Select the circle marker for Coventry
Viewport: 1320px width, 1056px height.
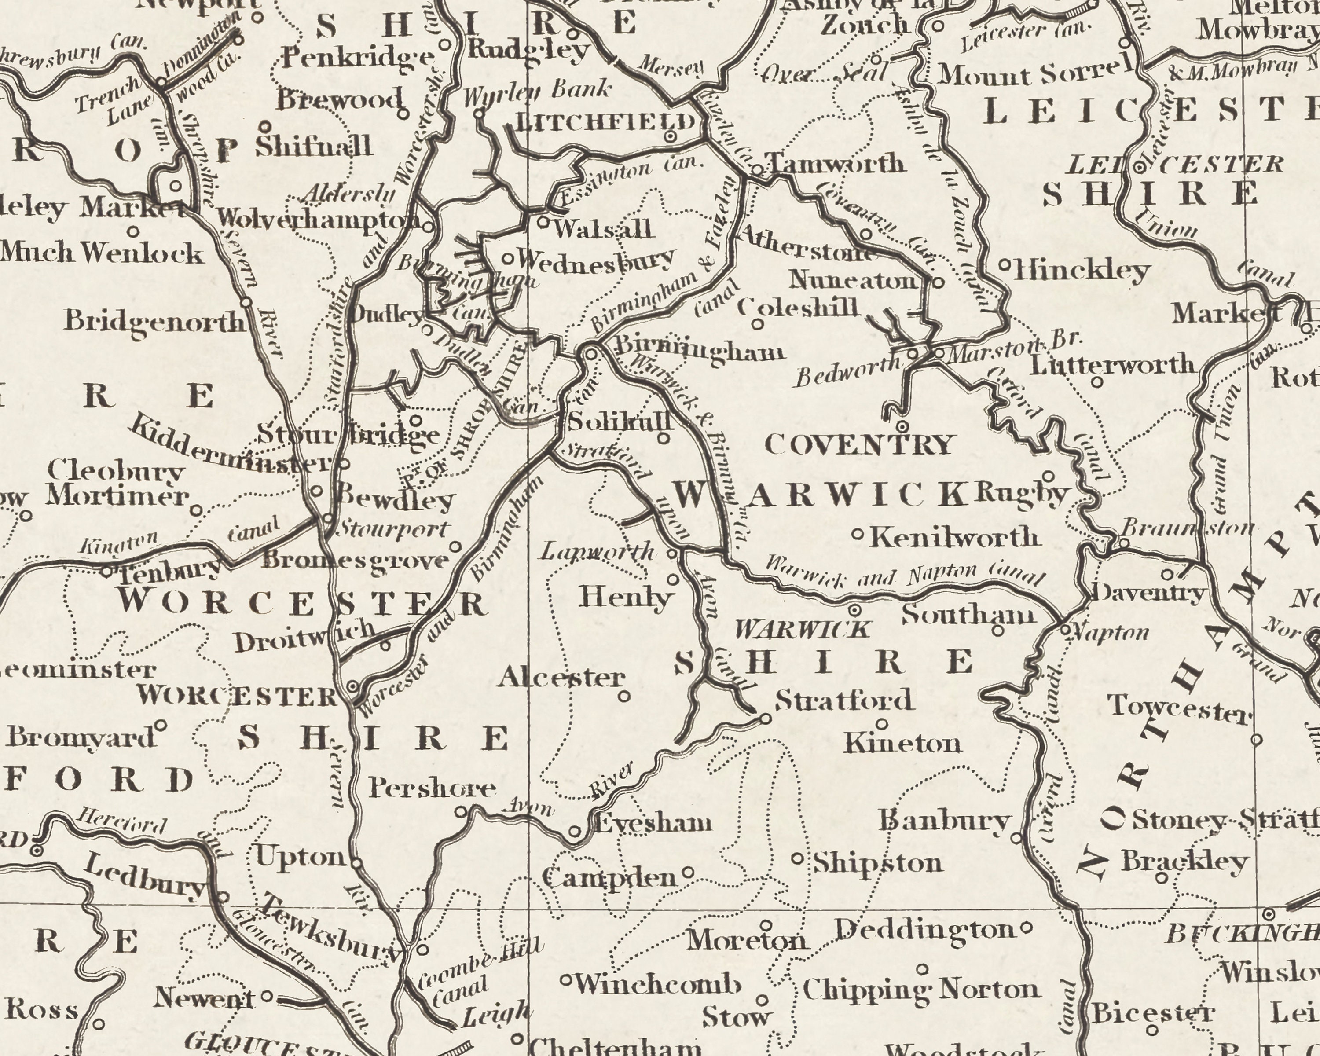(x=902, y=426)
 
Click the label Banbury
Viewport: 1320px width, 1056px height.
(x=944, y=820)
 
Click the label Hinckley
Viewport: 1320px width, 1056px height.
(x=1082, y=270)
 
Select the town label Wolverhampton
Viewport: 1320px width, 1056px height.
(x=319, y=219)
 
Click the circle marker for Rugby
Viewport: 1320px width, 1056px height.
(x=1048, y=476)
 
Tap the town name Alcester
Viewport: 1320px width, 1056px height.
(x=561, y=678)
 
